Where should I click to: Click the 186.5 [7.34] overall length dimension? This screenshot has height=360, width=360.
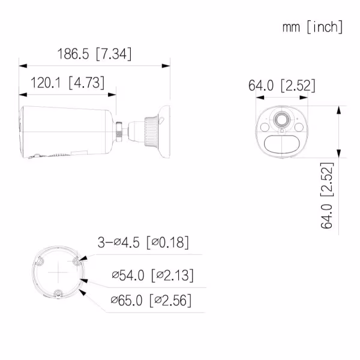click(94, 54)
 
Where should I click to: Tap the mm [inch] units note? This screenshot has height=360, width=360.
click(313, 27)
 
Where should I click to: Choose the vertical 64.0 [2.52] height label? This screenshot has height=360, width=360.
click(328, 195)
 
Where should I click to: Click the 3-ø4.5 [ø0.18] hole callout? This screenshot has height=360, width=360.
click(143, 242)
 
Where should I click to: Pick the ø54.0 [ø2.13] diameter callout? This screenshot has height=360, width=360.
click(152, 275)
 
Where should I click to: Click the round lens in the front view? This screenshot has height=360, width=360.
click(280, 121)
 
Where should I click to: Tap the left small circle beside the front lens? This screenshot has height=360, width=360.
click(264, 127)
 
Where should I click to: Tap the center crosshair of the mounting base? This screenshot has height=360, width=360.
click(58, 274)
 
